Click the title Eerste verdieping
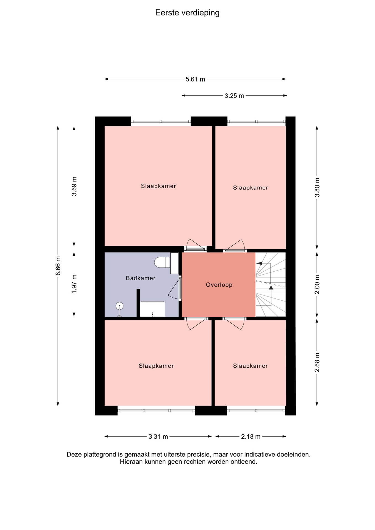coord(187,13)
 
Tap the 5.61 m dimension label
coord(195,79)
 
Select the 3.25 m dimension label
coord(234,96)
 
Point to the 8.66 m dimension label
coord(58,266)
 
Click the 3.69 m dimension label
coord(74,186)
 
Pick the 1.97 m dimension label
coord(74,284)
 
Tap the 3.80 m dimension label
coord(317,187)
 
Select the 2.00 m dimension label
coord(317,285)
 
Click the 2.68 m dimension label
coord(317,362)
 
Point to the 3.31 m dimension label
coord(158,437)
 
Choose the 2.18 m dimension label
coord(251,437)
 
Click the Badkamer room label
coord(141,278)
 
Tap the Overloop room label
coord(219,285)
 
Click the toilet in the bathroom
coord(162,262)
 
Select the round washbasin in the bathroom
coord(119,306)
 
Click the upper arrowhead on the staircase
coord(259,263)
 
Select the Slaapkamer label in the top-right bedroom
coord(250,188)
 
